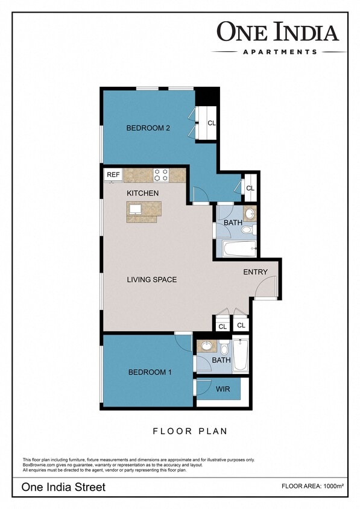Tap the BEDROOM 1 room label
pos(150,372)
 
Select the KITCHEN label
pos(142,193)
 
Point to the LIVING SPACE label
pos(151,279)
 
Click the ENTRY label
pos(255,272)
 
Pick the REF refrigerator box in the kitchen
pos(113,175)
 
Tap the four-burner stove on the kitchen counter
pos(161,175)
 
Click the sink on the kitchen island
pos(136,209)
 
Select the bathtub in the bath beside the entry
pos(239,248)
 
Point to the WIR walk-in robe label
pos(223,389)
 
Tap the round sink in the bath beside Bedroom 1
pos(207,346)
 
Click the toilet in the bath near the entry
pos(248,229)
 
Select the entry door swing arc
pos(266,286)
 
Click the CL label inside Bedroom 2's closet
pos(212,123)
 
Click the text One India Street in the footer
pos(63,487)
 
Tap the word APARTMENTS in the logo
pos(280,52)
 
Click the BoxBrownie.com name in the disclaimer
pos(39,465)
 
